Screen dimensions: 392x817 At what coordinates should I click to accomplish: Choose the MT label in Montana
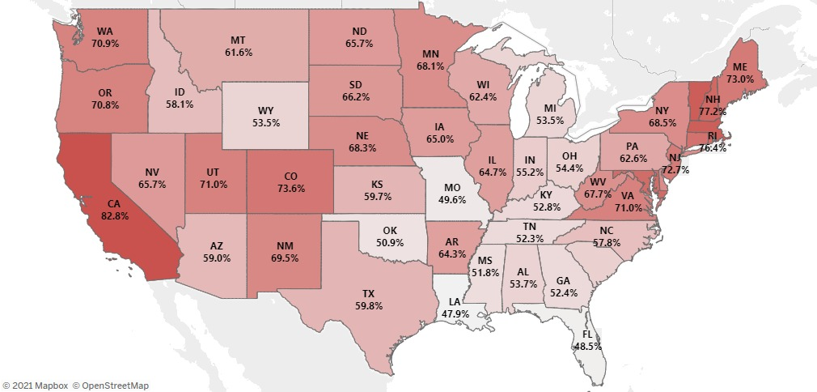click(x=238, y=40)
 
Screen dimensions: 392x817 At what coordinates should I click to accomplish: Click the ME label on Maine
click(x=739, y=67)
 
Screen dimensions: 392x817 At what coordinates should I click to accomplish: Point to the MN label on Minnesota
click(x=430, y=54)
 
